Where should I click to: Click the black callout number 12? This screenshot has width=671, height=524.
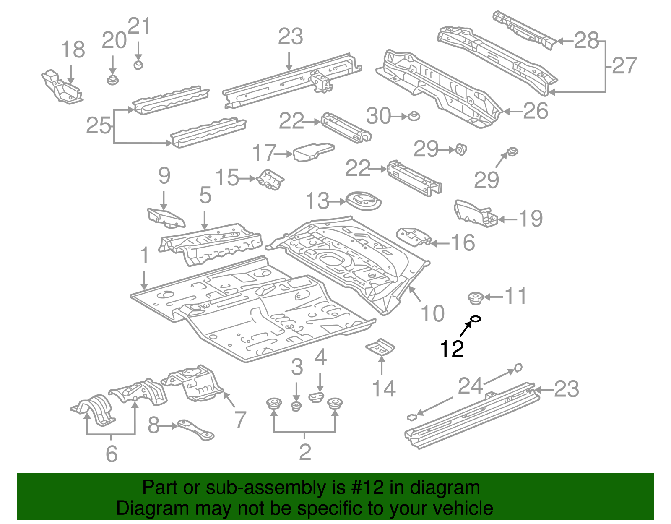452,349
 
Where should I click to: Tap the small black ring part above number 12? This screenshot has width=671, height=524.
475,319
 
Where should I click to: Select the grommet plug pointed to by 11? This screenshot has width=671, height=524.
475,298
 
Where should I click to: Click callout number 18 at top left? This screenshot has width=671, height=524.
73,50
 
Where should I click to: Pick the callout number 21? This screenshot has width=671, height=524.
139,26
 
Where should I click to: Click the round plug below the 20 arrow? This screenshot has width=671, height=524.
112,79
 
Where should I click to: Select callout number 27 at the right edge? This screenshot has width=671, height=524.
624,66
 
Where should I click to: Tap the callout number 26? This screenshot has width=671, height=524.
536,111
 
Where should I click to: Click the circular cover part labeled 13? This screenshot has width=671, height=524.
363,201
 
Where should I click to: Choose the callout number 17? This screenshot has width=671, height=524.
264,153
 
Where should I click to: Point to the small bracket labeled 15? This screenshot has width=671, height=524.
270,180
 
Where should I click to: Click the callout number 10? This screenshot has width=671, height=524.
432,313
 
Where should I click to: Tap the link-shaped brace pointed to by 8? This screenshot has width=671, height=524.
196,430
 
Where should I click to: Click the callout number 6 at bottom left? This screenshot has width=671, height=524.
112,454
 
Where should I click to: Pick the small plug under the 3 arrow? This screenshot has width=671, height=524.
296,406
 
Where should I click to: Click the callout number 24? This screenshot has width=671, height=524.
470,386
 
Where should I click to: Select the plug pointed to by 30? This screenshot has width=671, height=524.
414,116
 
